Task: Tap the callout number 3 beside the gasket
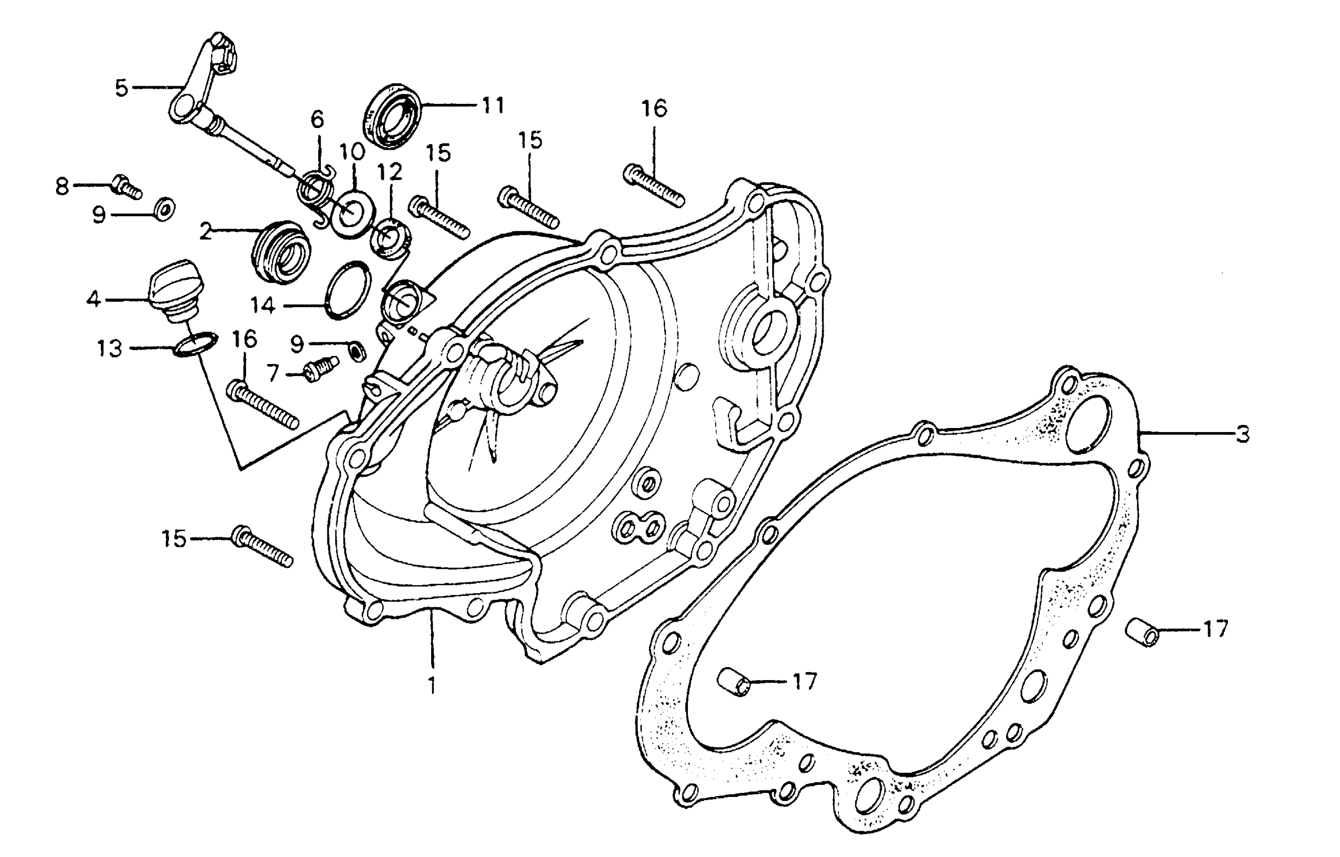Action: tap(1243, 434)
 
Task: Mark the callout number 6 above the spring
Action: tap(317, 119)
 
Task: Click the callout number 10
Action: tap(352, 151)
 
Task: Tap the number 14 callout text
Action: tap(262, 305)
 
